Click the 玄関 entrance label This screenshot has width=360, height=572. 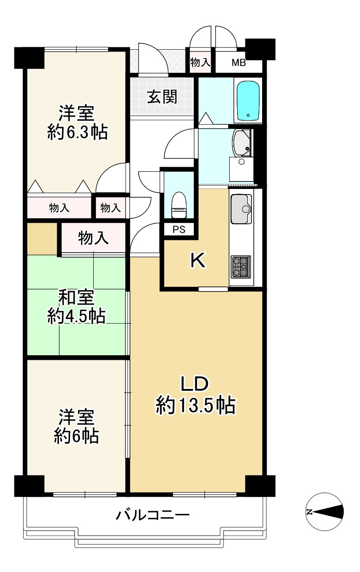coord(162,97)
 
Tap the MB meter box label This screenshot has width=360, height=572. coord(238,63)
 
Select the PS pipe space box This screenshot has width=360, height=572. coord(178,229)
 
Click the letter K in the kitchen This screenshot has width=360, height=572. coord(198,261)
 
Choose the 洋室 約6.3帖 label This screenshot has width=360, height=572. coord(77,123)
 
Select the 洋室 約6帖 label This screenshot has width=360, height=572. coord(76,426)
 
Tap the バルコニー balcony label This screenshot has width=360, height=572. coord(153,515)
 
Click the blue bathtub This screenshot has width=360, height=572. coord(248,101)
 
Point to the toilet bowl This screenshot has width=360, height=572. coord(178,205)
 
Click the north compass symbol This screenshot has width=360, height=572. coord(325,512)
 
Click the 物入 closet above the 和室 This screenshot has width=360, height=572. coord(93,238)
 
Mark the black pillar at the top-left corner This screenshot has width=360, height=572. coord(29,57)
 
